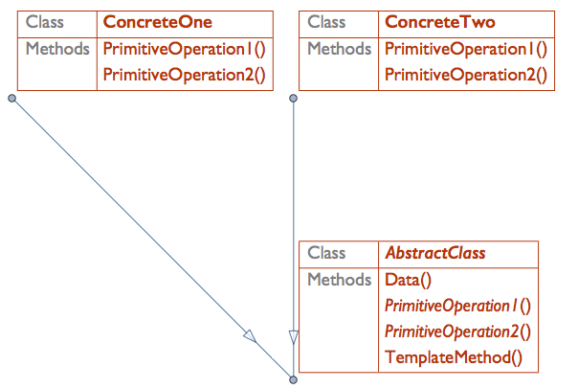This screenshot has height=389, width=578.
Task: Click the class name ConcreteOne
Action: (157, 22)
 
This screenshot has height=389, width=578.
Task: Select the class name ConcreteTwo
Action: (439, 22)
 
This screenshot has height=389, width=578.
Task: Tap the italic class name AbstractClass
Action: (434, 254)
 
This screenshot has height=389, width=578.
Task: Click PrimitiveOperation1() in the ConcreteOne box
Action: (184, 49)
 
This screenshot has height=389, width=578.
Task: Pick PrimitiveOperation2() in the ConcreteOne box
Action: (184, 74)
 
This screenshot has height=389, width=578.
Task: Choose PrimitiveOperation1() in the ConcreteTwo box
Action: (466, 49)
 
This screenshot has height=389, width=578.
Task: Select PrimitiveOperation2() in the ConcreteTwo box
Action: (466, 74)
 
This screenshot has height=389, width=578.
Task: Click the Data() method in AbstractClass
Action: (409, 281)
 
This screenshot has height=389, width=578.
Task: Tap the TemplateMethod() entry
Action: (454, 358)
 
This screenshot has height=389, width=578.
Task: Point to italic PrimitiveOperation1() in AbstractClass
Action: (456, 307)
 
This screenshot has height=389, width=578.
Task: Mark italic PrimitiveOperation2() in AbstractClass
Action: (456, 332)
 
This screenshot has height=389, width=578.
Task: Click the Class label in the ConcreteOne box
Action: (45, 22)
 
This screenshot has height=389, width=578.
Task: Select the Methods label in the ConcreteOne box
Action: (58, 49)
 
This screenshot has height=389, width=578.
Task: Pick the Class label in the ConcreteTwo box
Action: (327, 22)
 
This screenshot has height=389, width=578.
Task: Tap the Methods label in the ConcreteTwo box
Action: (340, 49)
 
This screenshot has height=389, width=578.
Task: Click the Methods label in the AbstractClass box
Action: (340, 281)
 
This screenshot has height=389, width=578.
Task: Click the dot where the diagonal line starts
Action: (11, 98)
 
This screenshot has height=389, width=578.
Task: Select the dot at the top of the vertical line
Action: (294, 98)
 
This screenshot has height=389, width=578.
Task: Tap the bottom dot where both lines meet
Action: (294, 380)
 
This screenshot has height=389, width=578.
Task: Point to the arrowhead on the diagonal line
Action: (250, 336)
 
